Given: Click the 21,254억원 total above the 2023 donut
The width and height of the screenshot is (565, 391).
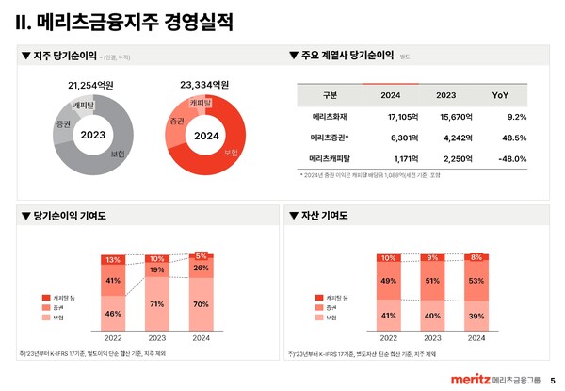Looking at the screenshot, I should (x=91, y=85).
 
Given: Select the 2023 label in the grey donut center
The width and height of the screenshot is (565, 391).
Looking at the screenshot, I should (x=92, y=135).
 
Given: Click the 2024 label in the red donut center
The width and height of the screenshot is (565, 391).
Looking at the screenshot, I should (x=206, y=135).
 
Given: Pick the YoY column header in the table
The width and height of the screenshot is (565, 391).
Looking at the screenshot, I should (x=500, y=95).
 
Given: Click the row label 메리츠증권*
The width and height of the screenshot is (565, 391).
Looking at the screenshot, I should (x=331, y=138).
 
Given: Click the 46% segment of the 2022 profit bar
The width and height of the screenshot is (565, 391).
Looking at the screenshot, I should (x=113, y=314).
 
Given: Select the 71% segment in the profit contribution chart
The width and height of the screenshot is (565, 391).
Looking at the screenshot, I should (x=157, y=304).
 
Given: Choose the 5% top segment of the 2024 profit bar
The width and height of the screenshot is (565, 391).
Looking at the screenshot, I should (x=202, y=255).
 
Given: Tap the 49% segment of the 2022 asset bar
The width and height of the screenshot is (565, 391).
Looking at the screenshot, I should (x=387, y=281).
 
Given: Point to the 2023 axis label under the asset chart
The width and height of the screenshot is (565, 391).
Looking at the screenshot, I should (x=431, y=337).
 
